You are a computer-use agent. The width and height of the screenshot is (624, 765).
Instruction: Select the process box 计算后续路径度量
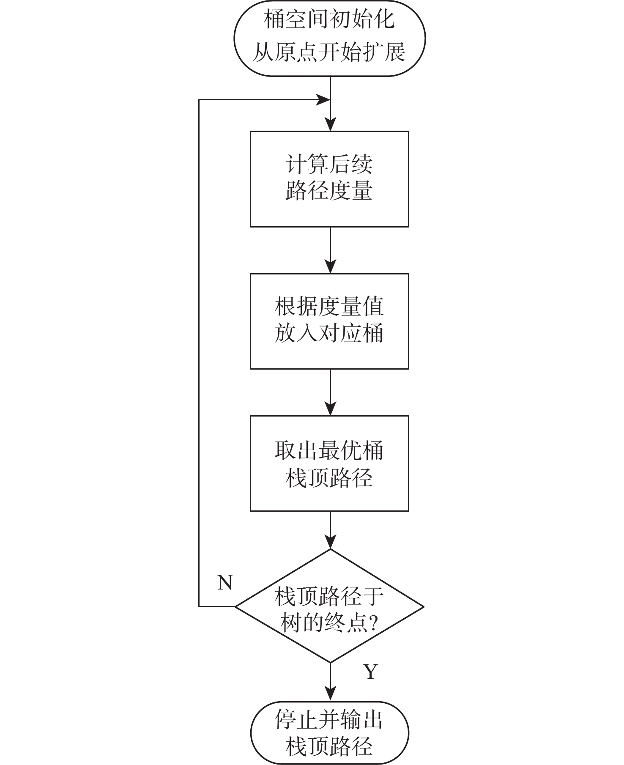tap(329, 179)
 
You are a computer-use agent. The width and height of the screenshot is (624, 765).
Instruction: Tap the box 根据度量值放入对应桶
tap(329, 321)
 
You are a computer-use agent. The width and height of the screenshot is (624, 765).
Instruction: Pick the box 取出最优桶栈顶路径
tap(329, 463)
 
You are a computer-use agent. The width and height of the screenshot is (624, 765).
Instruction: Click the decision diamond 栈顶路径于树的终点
tap(329, 606)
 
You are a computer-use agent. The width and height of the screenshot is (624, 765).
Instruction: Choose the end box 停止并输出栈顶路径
tap(329, 732)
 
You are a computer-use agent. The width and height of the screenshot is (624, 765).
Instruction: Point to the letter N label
tap(225, 583)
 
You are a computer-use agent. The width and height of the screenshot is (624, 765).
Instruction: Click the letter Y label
tap(370, 671)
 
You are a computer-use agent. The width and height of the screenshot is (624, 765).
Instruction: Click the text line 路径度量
tap(329, 191)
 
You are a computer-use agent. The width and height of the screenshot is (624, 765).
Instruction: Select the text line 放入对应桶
tap(329, 334)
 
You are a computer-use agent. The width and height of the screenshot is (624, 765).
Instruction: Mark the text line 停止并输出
tap(329, 720)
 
